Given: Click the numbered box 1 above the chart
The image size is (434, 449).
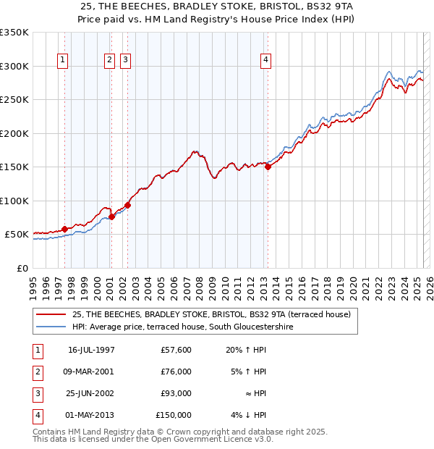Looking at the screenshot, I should point(63,60).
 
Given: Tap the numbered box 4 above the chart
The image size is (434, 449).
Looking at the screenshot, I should point(266,60).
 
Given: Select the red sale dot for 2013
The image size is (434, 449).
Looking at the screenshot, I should point(268,167).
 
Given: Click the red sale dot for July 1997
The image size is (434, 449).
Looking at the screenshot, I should point(64,229).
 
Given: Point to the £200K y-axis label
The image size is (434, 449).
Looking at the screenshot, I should point(14,133).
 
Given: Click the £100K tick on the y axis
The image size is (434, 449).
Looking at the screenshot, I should point(14,201).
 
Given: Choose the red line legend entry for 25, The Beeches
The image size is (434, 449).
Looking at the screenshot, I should point(211,314).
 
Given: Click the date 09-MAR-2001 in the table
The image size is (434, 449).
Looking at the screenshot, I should point(91,372).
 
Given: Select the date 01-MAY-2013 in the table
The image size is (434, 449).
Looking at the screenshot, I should point(91,415).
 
